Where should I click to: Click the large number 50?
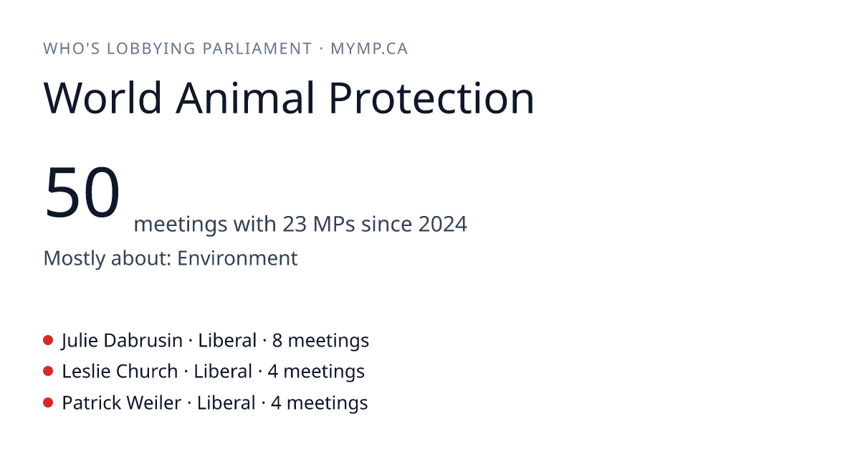point(82,192)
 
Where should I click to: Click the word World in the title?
point(102,98)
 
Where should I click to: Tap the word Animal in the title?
point(245,98)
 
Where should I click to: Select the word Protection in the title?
point(431,98)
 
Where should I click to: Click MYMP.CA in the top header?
point(369,49)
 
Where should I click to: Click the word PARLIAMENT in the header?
point(257,49)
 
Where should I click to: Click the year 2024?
point(443,224)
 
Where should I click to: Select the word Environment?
point(237,258)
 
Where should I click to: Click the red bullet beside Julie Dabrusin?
point(48,340)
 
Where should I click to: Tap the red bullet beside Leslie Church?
point(48,372)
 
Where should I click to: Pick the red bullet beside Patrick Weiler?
point(48,402)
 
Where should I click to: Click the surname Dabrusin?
point(143,341)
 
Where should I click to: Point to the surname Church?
point(147,372)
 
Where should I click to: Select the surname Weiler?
point(154,402)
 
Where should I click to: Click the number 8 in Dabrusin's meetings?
point(277,341)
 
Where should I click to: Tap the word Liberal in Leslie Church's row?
point(223,372)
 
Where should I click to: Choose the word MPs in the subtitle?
point(334,224)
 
